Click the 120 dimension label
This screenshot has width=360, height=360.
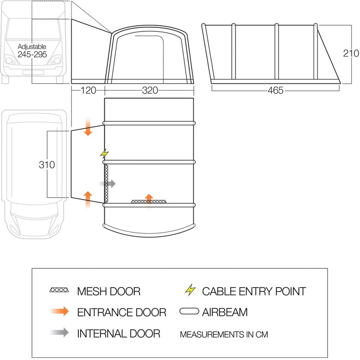tap(88, 90)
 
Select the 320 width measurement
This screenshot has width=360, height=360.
tap(150, 90)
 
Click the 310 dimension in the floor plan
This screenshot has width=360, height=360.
tap(46, 165)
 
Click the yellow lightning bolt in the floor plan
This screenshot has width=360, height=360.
tap(105, 154)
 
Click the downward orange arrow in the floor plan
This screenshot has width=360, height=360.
tap(88, 128)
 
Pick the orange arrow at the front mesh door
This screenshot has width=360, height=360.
tap(148, 199)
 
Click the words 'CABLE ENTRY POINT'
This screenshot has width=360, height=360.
tap(254, 291)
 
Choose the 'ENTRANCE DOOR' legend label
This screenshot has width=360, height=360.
tap(121, 312)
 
